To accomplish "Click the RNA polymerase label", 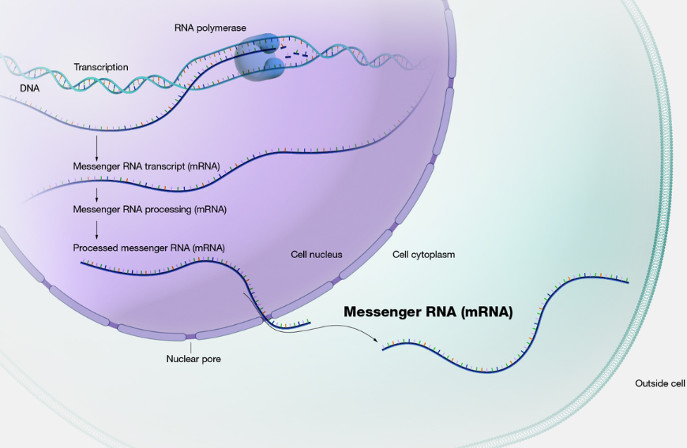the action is click(x=210, y=28).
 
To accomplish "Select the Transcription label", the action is click(x=101, y=67).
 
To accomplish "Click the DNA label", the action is click(x=30, y=88).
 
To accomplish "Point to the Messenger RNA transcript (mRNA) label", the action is click(x=146, y=166).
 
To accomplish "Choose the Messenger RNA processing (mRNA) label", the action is click(x=149, y=210).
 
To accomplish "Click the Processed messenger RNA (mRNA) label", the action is click(x=148, y=248).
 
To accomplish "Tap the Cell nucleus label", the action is click(x=317, y=255).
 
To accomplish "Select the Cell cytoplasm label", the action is click(x=423, y=255).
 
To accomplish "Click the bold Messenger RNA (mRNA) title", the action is click(x=428, y=312).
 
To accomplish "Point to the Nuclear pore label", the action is click(x=193, y=359).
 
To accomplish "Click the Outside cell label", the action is click(x=660, y=383).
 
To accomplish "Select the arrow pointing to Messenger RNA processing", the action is click(x=97, y=195).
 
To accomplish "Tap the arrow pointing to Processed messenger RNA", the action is click(x=97, y=230).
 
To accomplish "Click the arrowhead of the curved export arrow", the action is click(x=376, y=339).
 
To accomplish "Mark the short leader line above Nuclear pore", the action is click(x=190, y=348).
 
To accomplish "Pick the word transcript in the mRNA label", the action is click(x=166, y=166).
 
